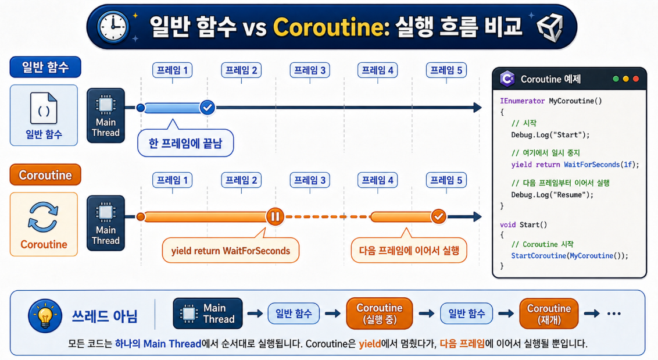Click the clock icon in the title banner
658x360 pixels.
113,27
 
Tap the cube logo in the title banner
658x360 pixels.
550,27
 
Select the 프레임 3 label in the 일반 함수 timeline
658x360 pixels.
310,70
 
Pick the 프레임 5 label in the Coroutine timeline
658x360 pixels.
446,180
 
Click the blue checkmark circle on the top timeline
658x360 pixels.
208,108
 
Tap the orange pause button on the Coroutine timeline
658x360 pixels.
276,217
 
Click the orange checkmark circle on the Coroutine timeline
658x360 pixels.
438,217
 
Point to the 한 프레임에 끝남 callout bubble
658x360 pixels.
185,142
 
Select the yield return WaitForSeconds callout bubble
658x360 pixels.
230,250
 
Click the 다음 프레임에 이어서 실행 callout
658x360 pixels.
409,250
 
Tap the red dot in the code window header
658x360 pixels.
636,79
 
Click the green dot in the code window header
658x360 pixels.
616,79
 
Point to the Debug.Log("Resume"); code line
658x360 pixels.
552,195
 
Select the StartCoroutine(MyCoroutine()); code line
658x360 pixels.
570,256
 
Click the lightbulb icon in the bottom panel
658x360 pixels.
45,316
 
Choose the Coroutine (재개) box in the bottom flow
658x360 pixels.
549,314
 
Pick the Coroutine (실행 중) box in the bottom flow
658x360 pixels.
380,313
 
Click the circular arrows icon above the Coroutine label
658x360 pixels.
43,217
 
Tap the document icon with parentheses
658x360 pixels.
44,108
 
